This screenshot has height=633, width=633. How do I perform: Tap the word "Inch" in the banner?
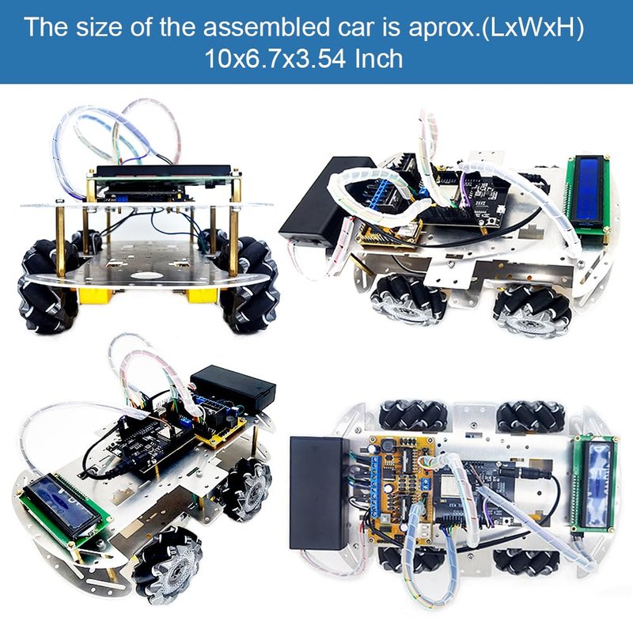[x=379, y=59]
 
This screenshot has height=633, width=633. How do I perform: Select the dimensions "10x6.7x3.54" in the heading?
[x=275, y=59]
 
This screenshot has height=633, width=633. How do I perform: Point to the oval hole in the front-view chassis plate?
[x=146, y=276]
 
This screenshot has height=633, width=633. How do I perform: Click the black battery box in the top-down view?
[x=319, y=492]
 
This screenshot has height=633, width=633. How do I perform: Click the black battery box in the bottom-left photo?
[x=233, y=389]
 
